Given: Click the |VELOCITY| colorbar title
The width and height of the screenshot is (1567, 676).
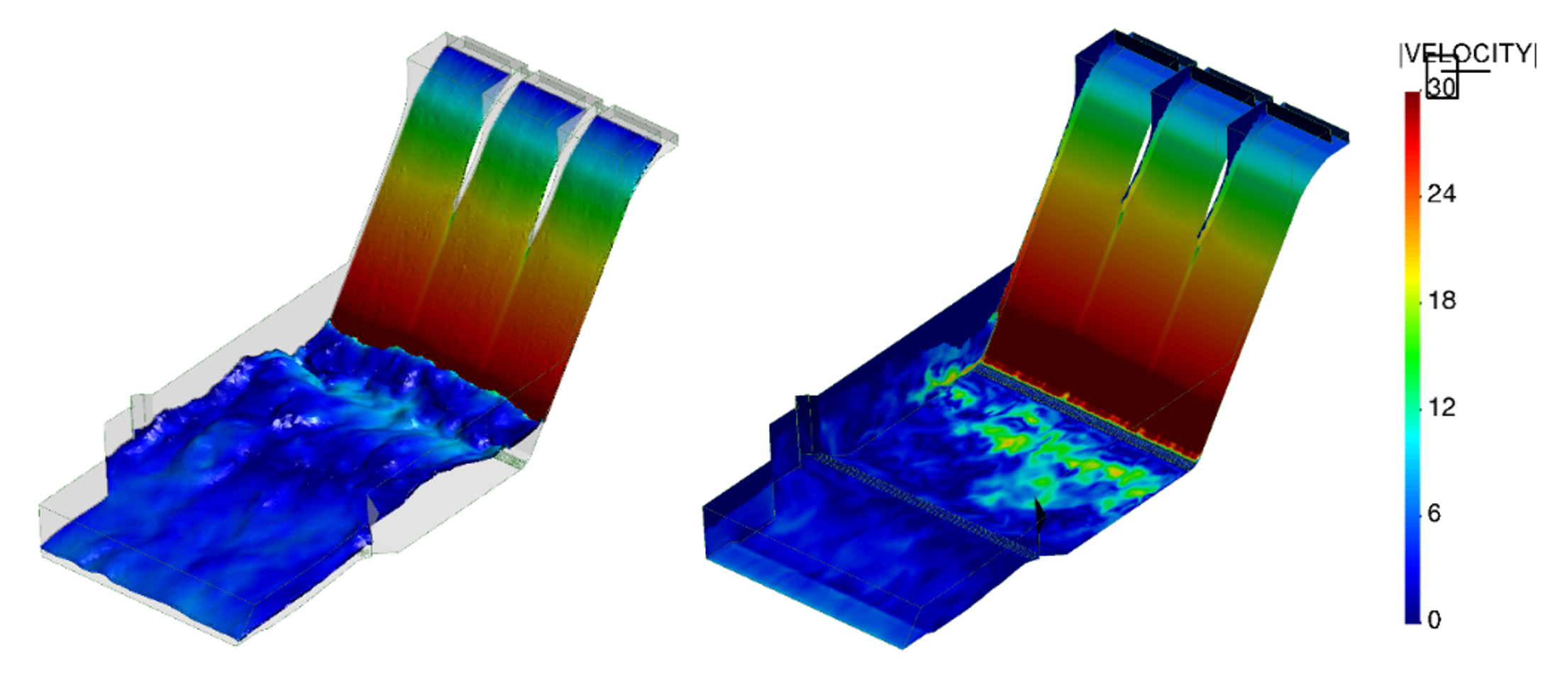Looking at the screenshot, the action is (1468, 54).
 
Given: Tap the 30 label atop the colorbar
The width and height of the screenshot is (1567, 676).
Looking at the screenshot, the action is (1441, 87).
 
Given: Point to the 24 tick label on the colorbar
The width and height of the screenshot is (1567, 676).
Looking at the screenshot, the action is (1441, 194).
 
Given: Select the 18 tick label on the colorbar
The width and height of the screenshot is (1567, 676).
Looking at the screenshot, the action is (1441, 300).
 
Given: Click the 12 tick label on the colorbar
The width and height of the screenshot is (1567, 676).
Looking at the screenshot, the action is (1441, 406).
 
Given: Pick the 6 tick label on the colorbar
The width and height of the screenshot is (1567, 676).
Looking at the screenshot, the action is (1434, 513).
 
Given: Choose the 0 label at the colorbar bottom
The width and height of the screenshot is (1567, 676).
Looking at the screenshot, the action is (1434, 619).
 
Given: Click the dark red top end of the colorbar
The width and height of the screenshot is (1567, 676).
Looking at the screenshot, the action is (1412, 99).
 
